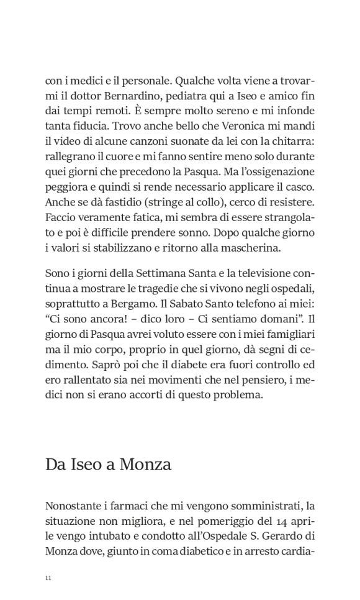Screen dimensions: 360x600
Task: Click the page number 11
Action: coord(48,578)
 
